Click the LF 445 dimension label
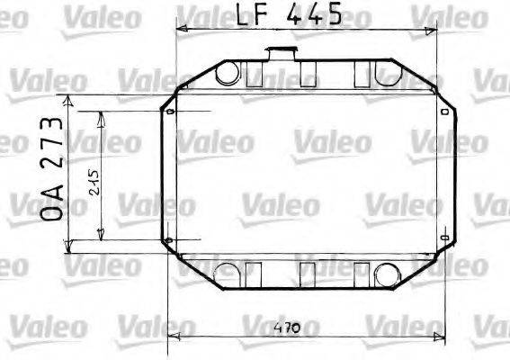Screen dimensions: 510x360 pos(289,14)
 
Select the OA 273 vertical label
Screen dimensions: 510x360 pos(51,169)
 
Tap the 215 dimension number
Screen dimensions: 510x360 pos(94,183)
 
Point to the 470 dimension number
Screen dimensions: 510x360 pos(286,328)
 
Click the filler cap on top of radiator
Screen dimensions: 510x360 pos(282,53)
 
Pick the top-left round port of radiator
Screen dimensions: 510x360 pos(228,73)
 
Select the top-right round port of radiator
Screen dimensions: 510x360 pos(389,73)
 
